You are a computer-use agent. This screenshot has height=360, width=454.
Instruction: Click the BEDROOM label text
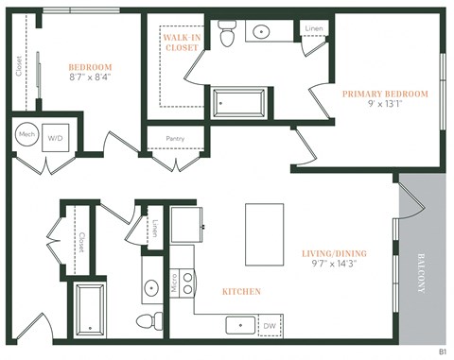(x=91, y=67)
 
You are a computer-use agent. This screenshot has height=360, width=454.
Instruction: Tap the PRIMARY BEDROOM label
(x=385, y=94)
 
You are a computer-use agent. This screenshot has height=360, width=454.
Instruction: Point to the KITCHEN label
(x=241, y=292)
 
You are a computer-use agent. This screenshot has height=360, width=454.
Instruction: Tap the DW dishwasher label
(x=271, y=325)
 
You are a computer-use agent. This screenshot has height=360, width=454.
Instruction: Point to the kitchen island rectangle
(x=264, y=232)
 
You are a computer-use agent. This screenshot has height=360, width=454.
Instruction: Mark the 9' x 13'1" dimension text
(x=385, y=106)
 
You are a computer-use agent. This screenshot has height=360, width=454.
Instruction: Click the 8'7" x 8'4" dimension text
(x=91, y=79)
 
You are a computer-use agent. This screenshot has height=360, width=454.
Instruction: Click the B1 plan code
(x=442, y=351)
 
